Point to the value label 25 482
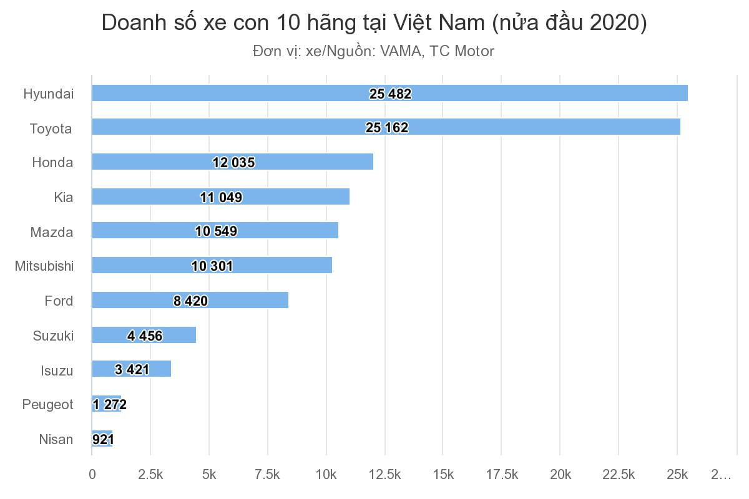tap(390, 94)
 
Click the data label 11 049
tap(221, 197)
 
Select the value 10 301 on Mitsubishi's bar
tap(212, 266)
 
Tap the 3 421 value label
tap(132, 370)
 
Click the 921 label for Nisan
tap(102, 439)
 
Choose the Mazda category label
tap(52, 232)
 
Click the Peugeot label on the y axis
tap(47, 404)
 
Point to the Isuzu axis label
tap(57, 371)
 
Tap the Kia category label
tap(63, 197)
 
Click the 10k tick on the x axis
tap(326, 475)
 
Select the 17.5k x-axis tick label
tap(501, 475)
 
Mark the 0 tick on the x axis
tap(92, 475)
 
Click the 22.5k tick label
tap(619, 475)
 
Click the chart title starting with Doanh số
tap(374, 23)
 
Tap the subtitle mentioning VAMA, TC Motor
tap(373, 51)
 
